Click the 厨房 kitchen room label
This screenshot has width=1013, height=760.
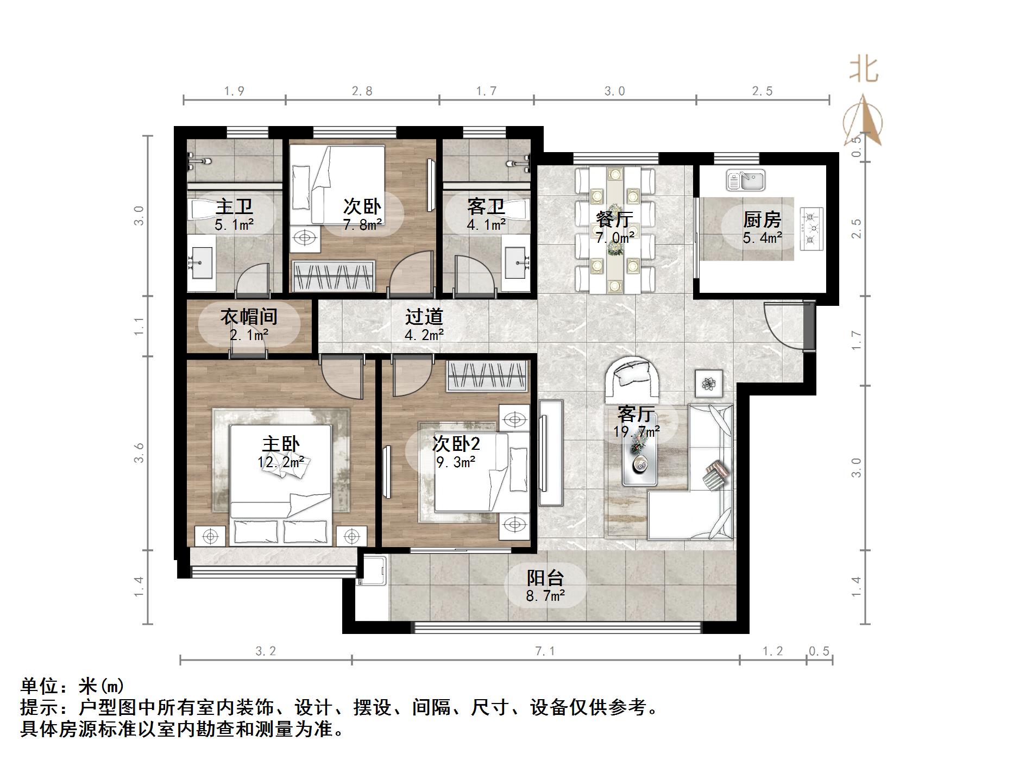click(x=763, y=220)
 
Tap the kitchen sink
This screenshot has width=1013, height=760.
click(x=746, y=180)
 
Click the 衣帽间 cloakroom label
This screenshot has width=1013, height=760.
click(x=249, y=317)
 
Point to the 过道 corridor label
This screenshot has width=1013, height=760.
click(x=424, y=317)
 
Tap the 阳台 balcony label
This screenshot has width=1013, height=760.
click(x=545, y=577)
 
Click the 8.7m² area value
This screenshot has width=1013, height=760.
click(x=545, y=596)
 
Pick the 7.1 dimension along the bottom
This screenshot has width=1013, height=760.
click(x=545, y=651)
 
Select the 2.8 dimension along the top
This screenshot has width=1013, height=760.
click(x=362, y=91)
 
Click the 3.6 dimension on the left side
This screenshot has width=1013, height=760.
click(x=140, y=453)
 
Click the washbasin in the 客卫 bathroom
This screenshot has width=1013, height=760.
click(x=517, y=263)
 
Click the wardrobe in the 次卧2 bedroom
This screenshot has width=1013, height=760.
click(x=487, y=376)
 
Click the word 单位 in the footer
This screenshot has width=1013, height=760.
click(x=40, y=686)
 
